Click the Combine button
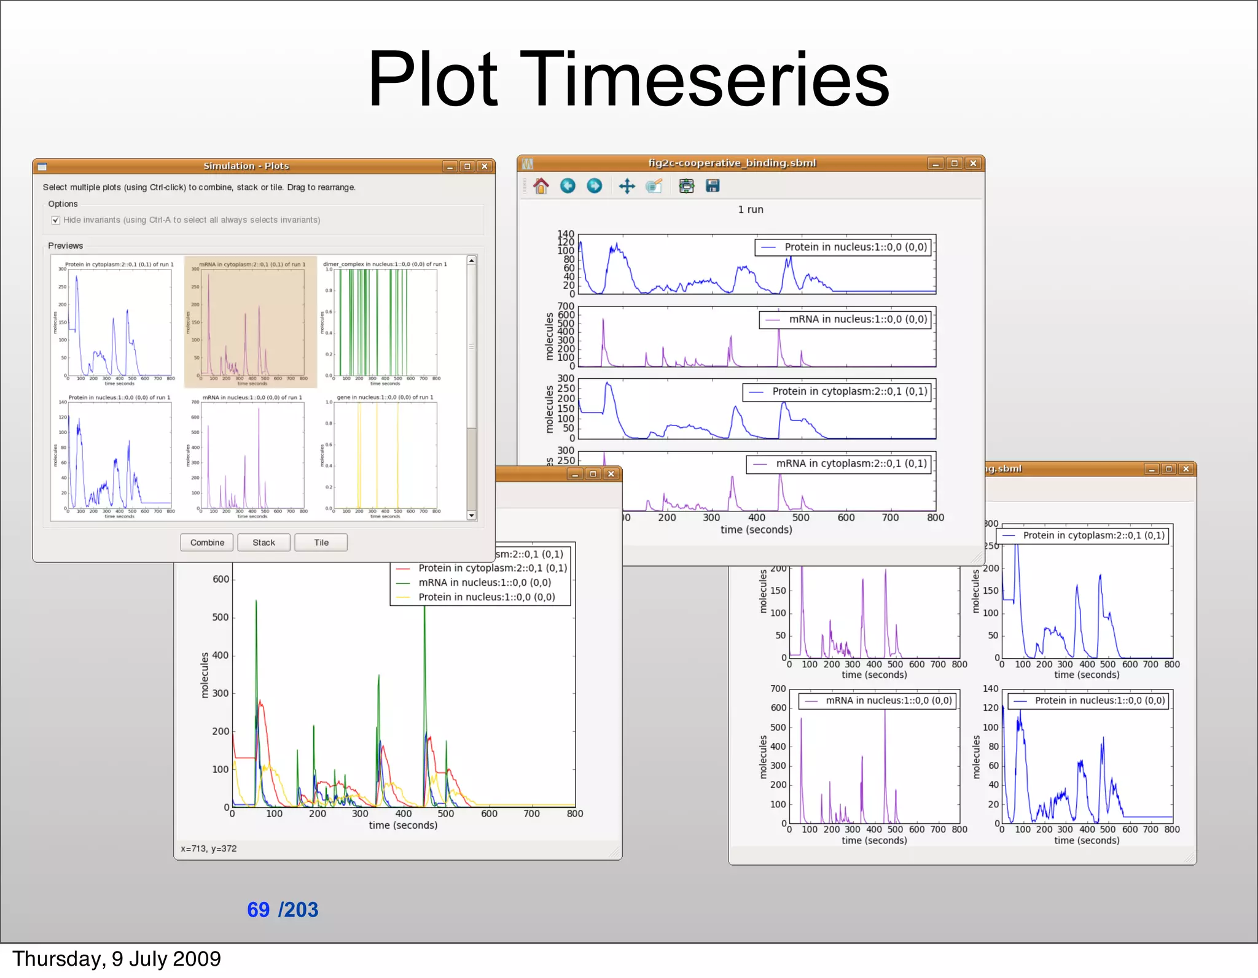pos(207,543)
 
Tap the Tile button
pos(321,543)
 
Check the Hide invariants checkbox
pos(56,220)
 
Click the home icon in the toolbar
pos(541,186)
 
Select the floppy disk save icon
pos(713,186)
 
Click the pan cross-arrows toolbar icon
pos(627,186)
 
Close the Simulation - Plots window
pos(485,166)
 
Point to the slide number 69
pos(258,909)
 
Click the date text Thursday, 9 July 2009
pos(117,959)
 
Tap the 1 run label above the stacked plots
pos(751,209)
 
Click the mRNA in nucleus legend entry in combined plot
pos(484,583)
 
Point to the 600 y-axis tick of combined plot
pos(221,580)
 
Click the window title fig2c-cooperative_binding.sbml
pos(732,163)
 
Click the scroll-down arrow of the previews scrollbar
pos(472,516)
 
